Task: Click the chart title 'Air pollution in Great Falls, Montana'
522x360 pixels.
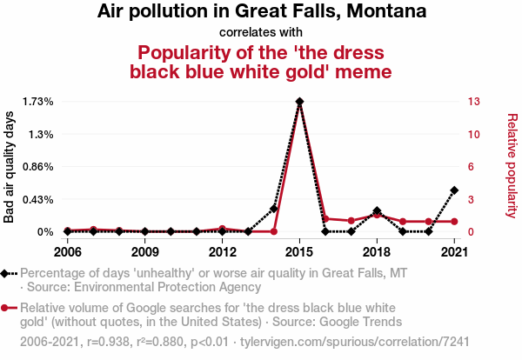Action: tap(261, 12)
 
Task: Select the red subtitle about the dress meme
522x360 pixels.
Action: tap(261, 61)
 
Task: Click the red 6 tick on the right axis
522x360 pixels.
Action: tap(471, 167)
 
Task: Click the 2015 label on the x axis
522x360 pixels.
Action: tap(299, 252)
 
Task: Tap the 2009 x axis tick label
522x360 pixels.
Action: tap(144, 252)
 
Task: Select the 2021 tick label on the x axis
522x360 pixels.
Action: tap(454, 252)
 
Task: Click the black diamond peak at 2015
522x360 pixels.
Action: tap(299, 102)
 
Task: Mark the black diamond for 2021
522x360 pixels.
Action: tap(454, 190)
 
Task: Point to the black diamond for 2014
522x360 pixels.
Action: tap(273, 209)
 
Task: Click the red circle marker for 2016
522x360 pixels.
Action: tap(325, 219)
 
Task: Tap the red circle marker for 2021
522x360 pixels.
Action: tap(454, 222)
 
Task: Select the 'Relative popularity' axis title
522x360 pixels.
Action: tap(512, 165)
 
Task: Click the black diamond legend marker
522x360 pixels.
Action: tap(7, 274)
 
